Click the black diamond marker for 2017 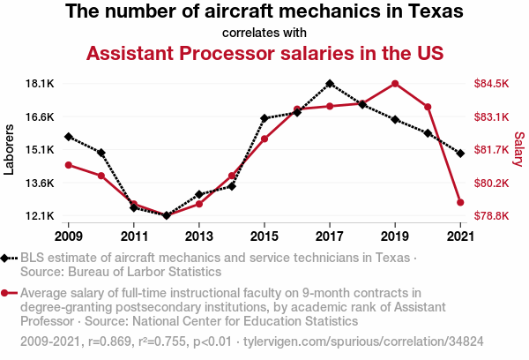(x=330, y=84)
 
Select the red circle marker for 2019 (x=395, y=84)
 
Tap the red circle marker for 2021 (x=460, y=203)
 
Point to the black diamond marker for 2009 (x=69, y=137)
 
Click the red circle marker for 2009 (x=69, y=165)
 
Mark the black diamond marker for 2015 (x=264, y=118)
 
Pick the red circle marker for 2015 (x=264, y=139)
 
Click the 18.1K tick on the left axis (x=41, y=84)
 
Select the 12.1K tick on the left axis (x=41, y=216)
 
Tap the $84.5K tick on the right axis (x=492, y=84)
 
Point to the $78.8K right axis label (x=492, y=216)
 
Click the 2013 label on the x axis (x=199, y=236)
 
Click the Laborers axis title (x=10, y=150)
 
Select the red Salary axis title (x=519, y=150)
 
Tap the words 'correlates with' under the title (x=264, y=34)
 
